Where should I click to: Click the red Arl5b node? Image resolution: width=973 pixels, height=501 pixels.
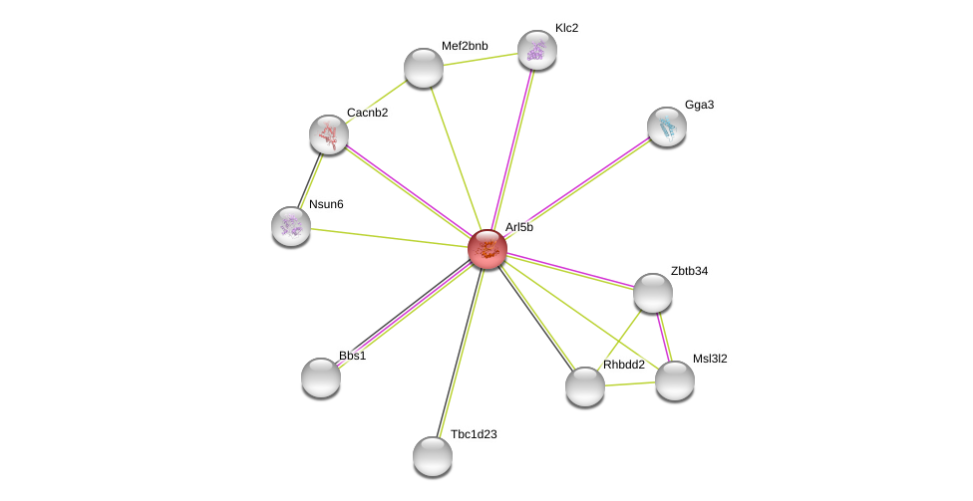(487, 249)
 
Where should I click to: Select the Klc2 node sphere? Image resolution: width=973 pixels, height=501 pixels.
(536, 50)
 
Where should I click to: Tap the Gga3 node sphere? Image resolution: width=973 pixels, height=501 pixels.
(667, 127)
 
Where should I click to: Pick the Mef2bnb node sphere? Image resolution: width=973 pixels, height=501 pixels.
(424, 68)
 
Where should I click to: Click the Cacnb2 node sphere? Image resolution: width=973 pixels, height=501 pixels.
(329, 134)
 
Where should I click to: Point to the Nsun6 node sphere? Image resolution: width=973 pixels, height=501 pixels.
(291, 226)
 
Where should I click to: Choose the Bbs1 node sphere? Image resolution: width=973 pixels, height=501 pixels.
(321, 377)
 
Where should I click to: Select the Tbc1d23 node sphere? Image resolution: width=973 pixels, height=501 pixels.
(433, 456)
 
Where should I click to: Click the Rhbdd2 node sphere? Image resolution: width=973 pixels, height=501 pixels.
(585, 386)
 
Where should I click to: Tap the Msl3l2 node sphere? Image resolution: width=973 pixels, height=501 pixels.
(675, 380)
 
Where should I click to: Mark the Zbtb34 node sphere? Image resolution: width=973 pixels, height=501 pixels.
(653, 293)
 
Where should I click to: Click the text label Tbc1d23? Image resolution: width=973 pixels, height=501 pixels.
(474, 434)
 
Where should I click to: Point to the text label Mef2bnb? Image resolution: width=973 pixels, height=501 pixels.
(465, 46)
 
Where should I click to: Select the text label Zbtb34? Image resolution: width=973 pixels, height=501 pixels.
(690, 271)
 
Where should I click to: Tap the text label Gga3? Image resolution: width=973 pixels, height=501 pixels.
(700, 105)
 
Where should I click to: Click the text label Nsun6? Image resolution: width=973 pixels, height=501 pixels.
(326, 204)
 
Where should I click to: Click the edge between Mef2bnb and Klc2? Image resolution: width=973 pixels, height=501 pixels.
(481, 60)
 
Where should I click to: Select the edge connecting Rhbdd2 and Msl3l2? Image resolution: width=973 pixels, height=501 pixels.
(630, 383)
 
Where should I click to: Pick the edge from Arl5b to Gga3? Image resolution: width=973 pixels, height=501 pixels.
(577, 188)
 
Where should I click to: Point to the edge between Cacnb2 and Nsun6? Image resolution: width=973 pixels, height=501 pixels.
(310, 180)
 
